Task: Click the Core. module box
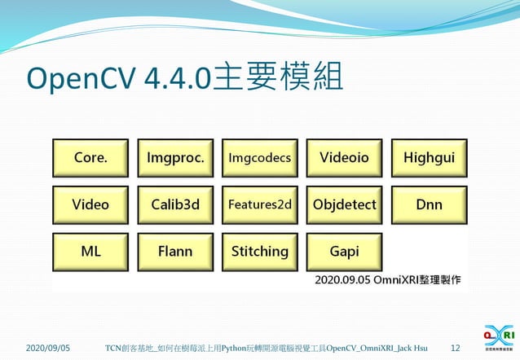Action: [90, 158]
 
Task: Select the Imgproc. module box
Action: [175, 158]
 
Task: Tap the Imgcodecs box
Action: [260, 158]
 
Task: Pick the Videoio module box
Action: [345, 158]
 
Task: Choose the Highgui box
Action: [430, 158]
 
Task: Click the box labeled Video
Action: [90, 205]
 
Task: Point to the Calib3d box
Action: [175, 205]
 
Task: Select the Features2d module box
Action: [260, 205]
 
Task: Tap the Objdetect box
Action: [345, 205]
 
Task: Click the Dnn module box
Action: [430, 205]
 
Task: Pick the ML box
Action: [90, 252]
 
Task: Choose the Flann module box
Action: [175, 252]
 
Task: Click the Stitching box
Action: [260, 252]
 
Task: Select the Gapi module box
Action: [345, 252]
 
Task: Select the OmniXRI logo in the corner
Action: [498, 337]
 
